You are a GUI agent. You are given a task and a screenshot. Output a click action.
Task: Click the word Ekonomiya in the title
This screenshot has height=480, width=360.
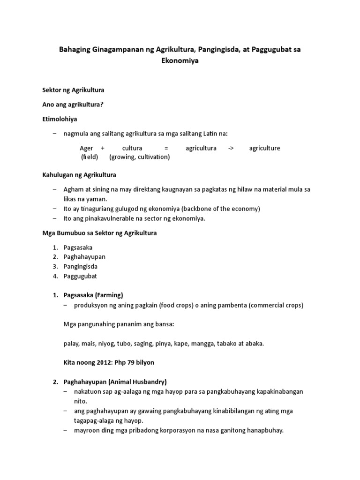[x=180, y=60]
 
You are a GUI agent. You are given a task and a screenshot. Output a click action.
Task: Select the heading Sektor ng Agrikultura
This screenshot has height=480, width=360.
[x=73, y=90]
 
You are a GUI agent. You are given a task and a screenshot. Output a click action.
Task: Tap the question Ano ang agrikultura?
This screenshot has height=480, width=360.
[x=72, y=105]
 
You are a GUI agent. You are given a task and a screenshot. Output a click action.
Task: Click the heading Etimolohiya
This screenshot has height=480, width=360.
[x=60, y=120]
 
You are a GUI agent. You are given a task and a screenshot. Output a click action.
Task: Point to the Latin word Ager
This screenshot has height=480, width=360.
[x=87, y=148]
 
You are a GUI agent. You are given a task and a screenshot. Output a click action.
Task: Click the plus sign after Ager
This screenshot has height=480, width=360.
[x=102, y=148]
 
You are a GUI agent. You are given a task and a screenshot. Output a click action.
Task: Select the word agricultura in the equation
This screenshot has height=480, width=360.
[x=201, y=148]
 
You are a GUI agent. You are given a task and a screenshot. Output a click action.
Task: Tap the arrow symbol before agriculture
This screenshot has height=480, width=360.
[x=231, y=148]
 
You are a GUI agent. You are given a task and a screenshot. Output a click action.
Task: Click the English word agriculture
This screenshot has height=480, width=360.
[x=265, y=148]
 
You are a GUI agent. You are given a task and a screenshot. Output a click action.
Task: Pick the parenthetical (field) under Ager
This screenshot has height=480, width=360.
[x=90, y=157]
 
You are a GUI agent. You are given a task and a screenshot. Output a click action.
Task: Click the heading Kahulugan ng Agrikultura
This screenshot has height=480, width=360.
[x=79, y=175]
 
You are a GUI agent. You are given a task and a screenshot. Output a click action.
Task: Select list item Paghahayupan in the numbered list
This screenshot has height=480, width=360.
[x=85, y=257]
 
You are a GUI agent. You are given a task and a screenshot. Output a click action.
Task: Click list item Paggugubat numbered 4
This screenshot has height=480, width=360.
[x=80, y=276]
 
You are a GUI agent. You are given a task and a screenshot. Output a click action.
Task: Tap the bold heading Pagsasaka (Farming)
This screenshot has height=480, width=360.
[x=93, y=295]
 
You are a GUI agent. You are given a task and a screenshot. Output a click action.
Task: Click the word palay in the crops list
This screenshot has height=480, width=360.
[x=71, y=344]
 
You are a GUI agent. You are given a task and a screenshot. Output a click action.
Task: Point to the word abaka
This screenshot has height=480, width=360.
[x=253, y=344]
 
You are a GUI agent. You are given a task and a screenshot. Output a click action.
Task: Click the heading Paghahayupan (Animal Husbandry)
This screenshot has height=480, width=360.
[x=115, y=382]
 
